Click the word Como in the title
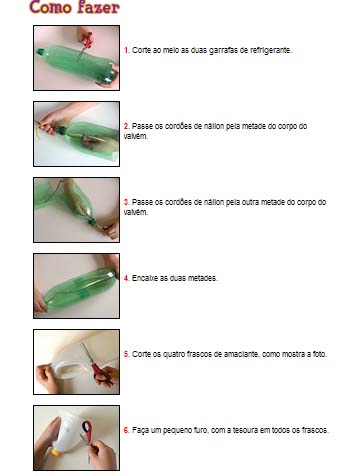50,7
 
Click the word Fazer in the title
97,7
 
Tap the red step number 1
126,50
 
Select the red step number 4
126,278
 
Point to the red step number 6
126,430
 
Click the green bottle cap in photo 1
40,52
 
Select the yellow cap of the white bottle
55,452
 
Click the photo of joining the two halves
76,286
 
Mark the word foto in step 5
319,354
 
